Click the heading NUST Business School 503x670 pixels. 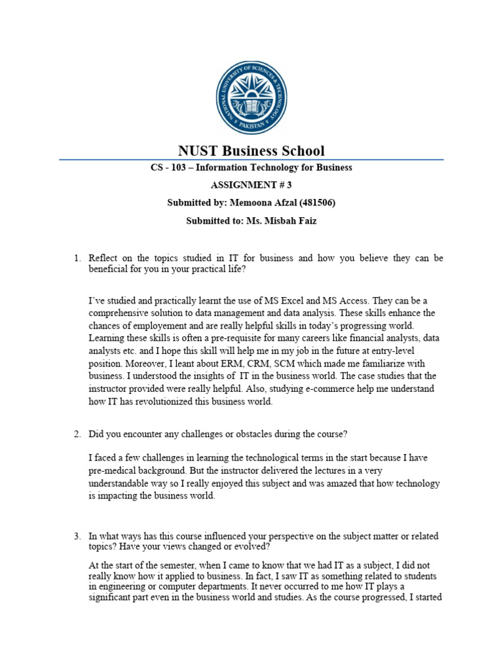(x=251, y=150)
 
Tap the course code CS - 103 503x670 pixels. (x=168, y=167)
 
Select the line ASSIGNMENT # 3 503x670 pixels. (x=251, y=185)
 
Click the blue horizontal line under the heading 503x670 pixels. (x=251, y=160)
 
